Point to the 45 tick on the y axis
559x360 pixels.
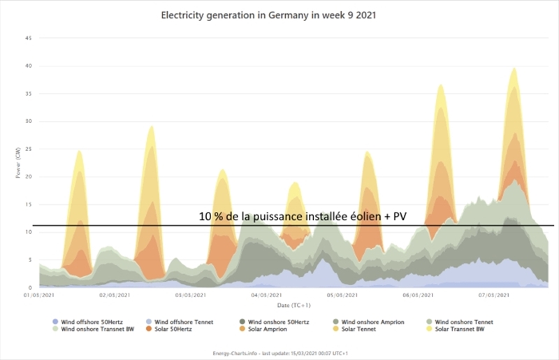pos(29,38)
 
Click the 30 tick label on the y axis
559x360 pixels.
pos(29,121)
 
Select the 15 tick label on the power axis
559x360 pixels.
pos(29,204)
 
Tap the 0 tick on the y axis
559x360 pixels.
pos(31,287)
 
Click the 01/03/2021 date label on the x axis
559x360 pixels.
pos(40,296)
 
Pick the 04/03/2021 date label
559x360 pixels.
pos(265,296)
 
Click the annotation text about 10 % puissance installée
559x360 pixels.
pos(302,217)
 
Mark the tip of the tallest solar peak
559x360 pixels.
pos(514,68)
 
